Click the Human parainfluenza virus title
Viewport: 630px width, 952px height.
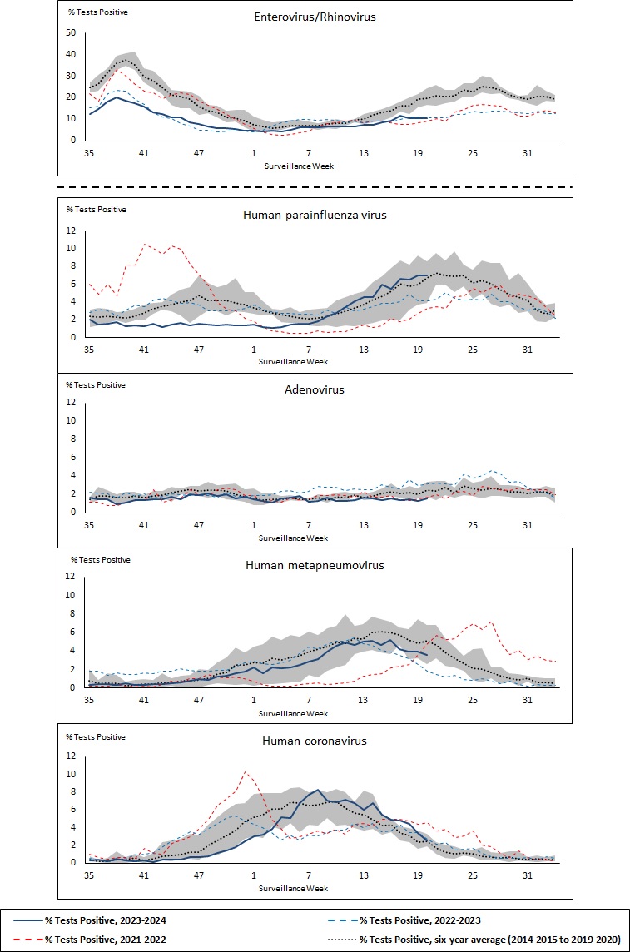(315, 214)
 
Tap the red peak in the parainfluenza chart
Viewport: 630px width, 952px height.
(145, 244)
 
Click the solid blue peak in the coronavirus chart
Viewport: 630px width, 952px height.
(317, 790)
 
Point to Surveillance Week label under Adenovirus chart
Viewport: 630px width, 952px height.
(293, 537)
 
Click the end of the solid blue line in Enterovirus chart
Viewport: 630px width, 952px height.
(427, 118)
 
